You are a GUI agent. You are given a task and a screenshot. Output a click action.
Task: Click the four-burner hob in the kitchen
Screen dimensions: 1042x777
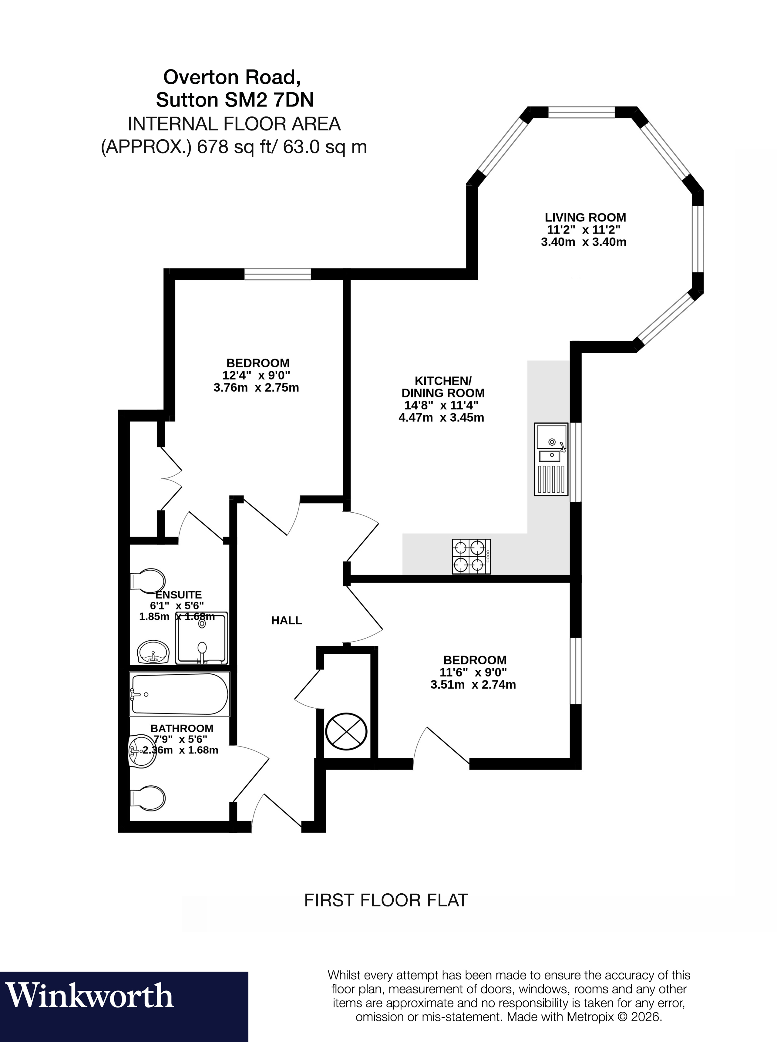click(x=471, y=557)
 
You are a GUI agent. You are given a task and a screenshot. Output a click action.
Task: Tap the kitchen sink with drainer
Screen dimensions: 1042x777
click(x=551, y=459)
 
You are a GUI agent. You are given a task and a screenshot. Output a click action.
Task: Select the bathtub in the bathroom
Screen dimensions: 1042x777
click(x=179, y=694)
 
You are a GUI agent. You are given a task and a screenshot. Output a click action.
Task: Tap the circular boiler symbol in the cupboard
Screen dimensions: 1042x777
click(x=346, y=731)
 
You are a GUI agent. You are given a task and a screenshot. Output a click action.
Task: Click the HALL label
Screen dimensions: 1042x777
click(x=286, y=620)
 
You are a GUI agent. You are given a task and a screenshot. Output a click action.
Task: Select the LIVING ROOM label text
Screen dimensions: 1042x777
click(x=585, y=217)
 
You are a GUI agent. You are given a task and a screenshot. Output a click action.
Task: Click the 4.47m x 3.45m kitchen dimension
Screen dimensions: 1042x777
click(x=441, y=418)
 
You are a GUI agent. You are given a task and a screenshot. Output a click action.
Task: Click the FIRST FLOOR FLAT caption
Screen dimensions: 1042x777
click(x=386, y=900)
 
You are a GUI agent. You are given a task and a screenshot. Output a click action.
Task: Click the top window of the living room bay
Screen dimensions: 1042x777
click(x=581, y=113)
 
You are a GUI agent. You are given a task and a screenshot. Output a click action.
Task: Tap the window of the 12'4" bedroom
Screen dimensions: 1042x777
click(x=277, y=274)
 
